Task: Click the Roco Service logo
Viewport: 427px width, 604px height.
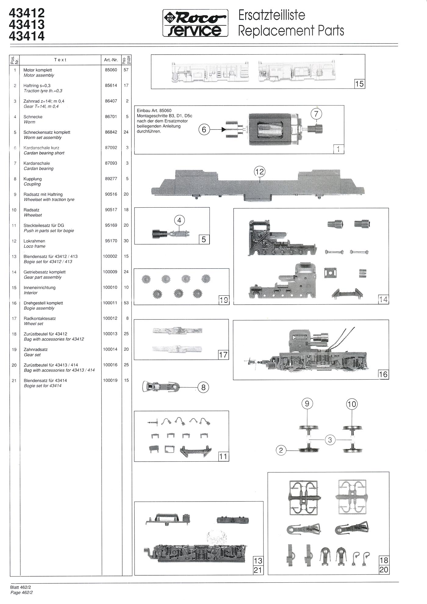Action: [195, 23]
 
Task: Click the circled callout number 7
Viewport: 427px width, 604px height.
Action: [316, 114]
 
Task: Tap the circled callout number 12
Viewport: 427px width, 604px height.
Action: [259, 172]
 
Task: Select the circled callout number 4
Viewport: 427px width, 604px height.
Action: [179, 220]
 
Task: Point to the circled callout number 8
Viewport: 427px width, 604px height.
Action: [203, 388]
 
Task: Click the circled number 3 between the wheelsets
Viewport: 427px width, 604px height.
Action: [330, 440]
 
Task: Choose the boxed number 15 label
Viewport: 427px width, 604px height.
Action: [360, 84]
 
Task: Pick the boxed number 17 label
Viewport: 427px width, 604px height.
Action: [223, 355]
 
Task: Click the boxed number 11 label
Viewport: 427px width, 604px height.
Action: [223, 456]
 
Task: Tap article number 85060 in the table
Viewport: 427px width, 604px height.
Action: [111, 70]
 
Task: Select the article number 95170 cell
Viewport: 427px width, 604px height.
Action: [111, 241]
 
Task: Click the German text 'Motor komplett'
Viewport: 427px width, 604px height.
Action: [38, 70]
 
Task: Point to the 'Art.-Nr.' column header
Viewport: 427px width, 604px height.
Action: [111, 60]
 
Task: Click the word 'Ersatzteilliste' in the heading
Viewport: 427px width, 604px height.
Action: [271, 15]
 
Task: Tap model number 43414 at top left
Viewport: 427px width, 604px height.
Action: [27, 36]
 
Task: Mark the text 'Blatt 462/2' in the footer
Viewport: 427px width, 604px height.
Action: [21, 587]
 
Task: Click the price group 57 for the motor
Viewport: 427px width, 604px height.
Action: [126, 70]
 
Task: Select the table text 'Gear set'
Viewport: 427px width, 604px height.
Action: [32, 355]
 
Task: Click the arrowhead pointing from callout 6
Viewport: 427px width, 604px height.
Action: [224, 130]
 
